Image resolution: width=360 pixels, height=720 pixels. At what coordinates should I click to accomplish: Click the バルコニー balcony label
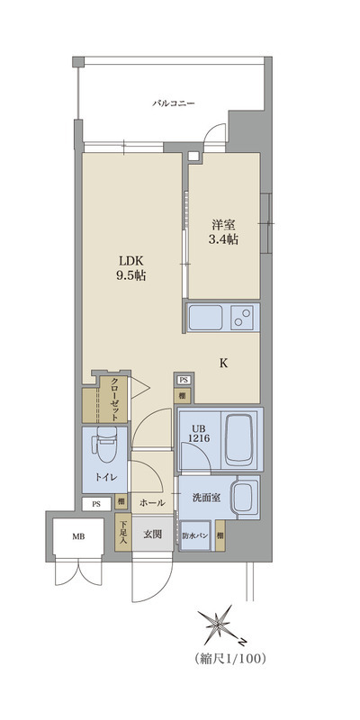pyautogui.click(x=176, y=103)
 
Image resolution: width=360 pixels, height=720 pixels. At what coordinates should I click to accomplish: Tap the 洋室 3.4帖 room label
pyautogui.click(x=223, y=232)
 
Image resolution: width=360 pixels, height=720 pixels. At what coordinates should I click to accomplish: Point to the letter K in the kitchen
pyautogui.click(x=223, y=363)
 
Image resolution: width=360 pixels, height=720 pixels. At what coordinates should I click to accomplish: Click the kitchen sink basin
pyautogui.click(x=205, y=318)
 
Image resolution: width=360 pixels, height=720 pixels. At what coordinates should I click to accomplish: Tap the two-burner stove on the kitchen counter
pyautogui.click(x=242, y=318)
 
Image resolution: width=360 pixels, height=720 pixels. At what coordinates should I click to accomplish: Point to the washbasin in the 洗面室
pyautogui.click(x=242, y=495)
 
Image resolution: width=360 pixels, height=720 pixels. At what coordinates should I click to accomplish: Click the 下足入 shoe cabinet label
pyautogui.click(x=124, y=533)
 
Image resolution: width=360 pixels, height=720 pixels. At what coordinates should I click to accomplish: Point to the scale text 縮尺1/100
pyautogui.click(x=229, y=660)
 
